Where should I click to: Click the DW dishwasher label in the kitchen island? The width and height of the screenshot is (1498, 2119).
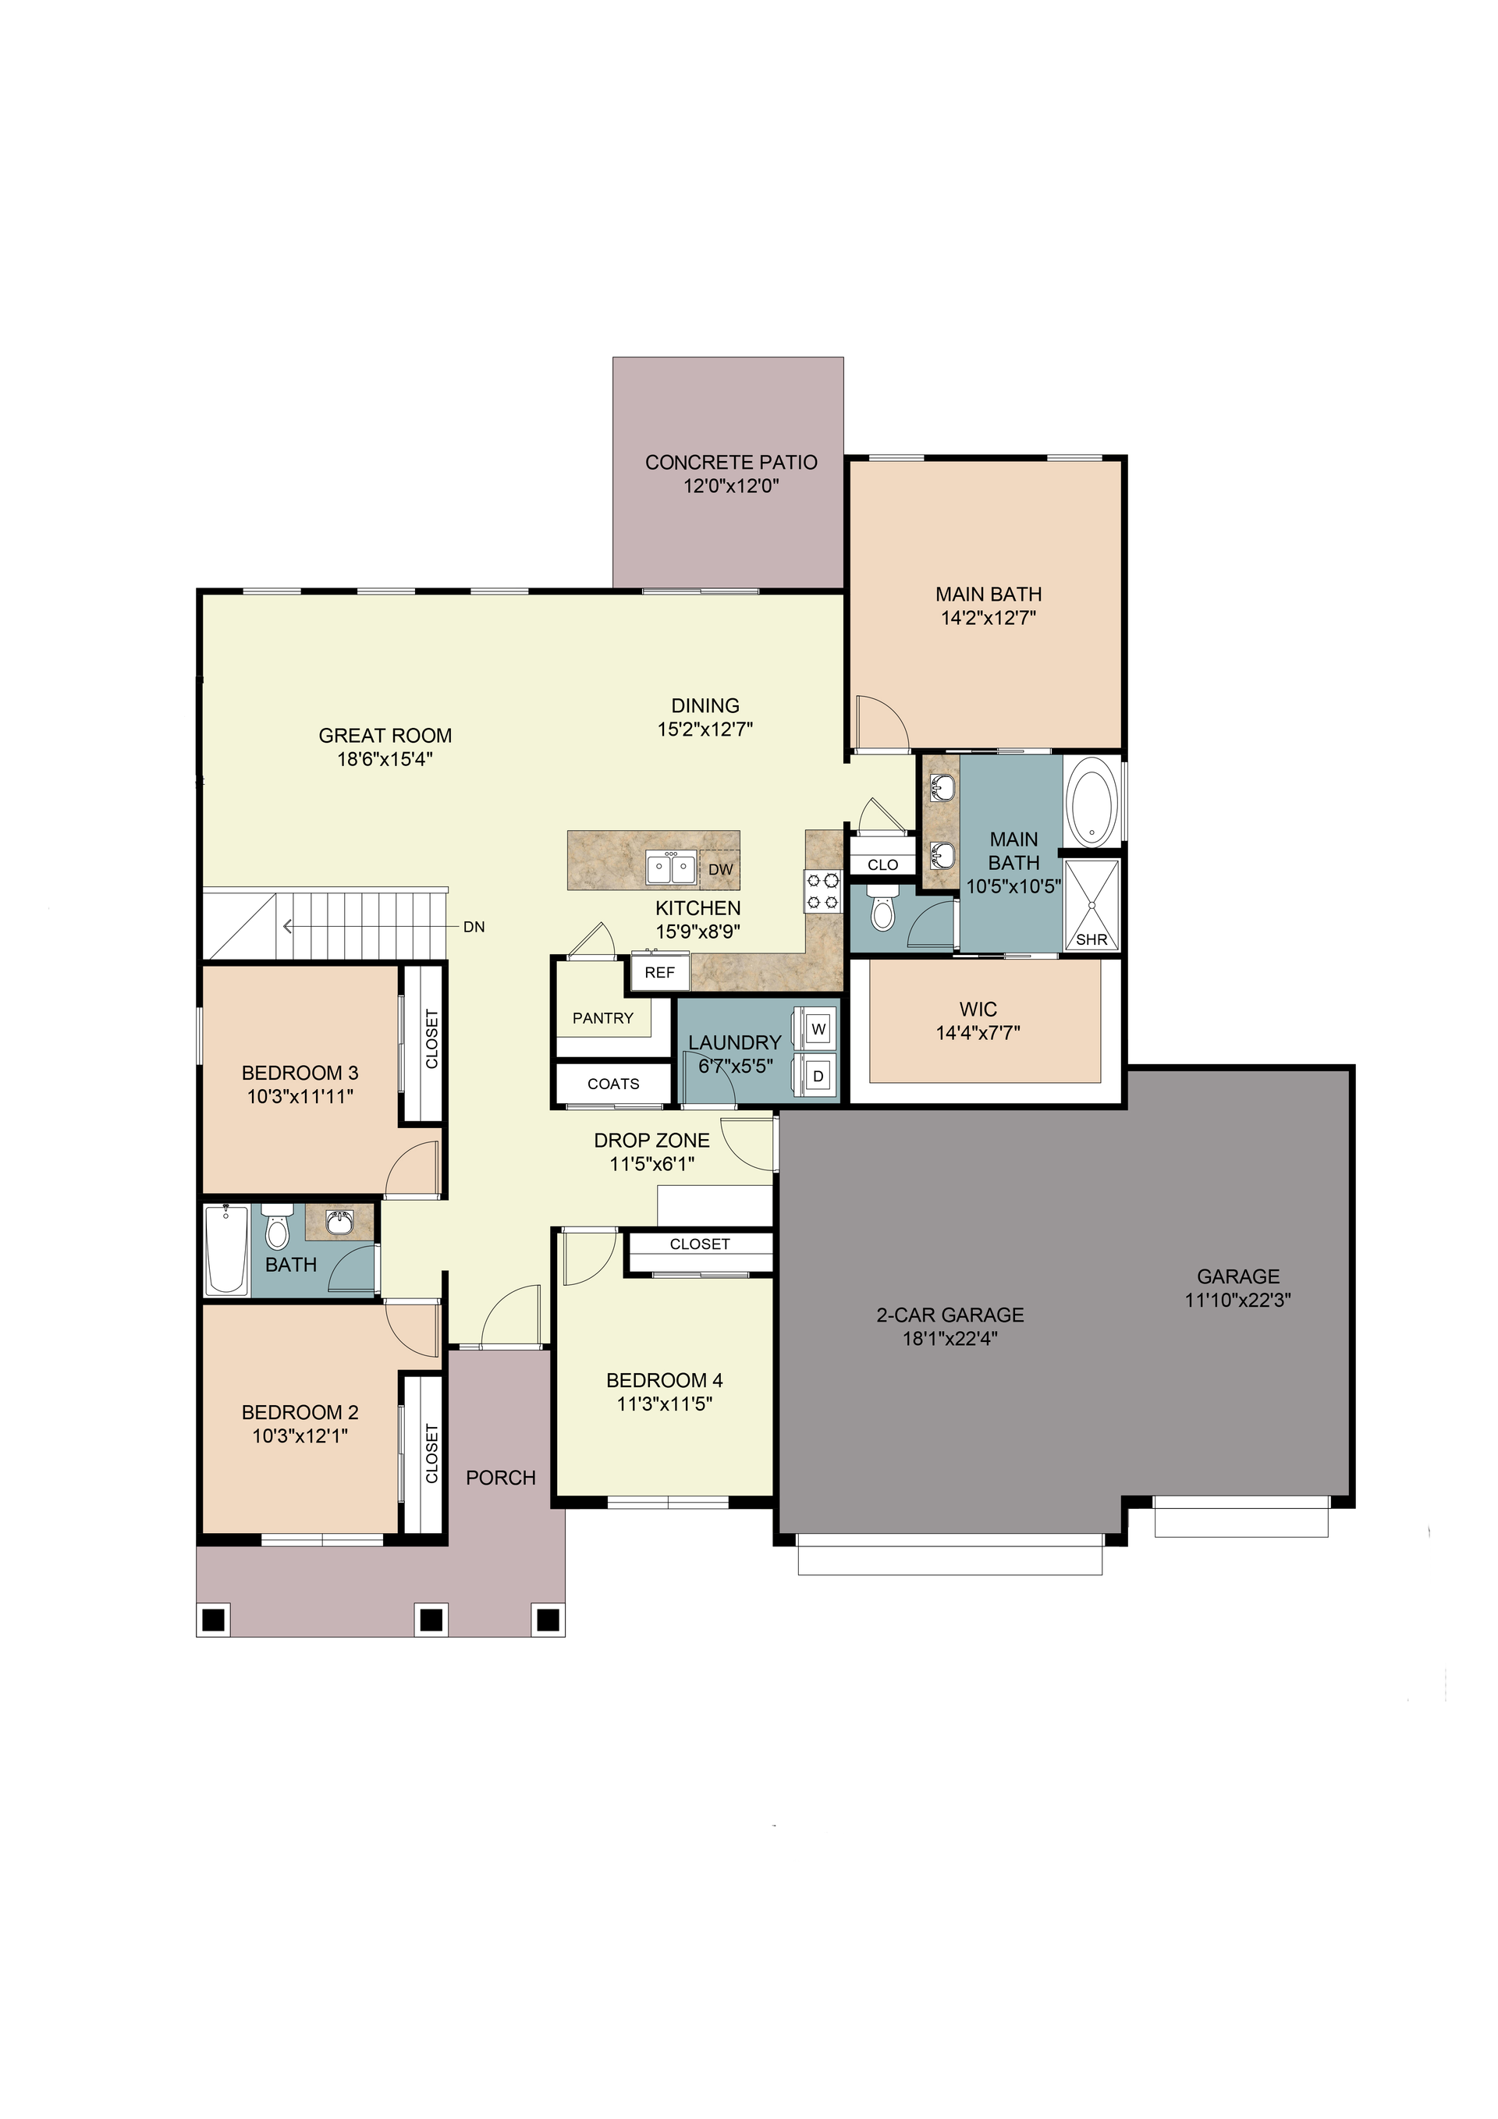[x=720, y=869]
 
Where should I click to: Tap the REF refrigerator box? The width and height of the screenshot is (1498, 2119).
[x=660, y=972]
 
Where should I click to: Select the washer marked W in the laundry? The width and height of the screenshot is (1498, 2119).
[x=817, y=1028]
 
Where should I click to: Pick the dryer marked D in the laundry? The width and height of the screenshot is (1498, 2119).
[x=817, y=1075]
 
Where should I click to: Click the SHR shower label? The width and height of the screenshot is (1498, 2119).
[x=1092, y=939]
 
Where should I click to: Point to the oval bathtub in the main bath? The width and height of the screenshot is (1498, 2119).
[x=1091, y=800]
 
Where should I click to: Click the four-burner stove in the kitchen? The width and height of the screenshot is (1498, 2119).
[x=823, y=891]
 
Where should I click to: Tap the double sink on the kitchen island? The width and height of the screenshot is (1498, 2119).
[x=671, y=868]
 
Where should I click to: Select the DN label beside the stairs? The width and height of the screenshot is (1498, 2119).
[x=474, y=927]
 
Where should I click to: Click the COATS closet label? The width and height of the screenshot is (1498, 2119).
[x=613, y=1084]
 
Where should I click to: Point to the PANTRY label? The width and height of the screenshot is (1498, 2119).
[x=602, y=1018]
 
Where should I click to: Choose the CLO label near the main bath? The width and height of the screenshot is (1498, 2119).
[x=882, y=864]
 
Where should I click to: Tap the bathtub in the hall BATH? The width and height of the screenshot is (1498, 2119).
[x=226, y=1250]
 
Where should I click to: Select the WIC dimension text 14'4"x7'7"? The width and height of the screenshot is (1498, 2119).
[x=978, y=1033]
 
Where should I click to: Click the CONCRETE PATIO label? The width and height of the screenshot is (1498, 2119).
[x=731, y=463]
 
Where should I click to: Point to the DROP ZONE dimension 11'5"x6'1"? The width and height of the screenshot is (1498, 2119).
[x=651, y=1164]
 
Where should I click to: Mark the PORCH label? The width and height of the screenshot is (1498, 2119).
[x=500, y=1478]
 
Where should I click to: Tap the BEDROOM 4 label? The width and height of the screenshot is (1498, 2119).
[x=665, y=1381]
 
